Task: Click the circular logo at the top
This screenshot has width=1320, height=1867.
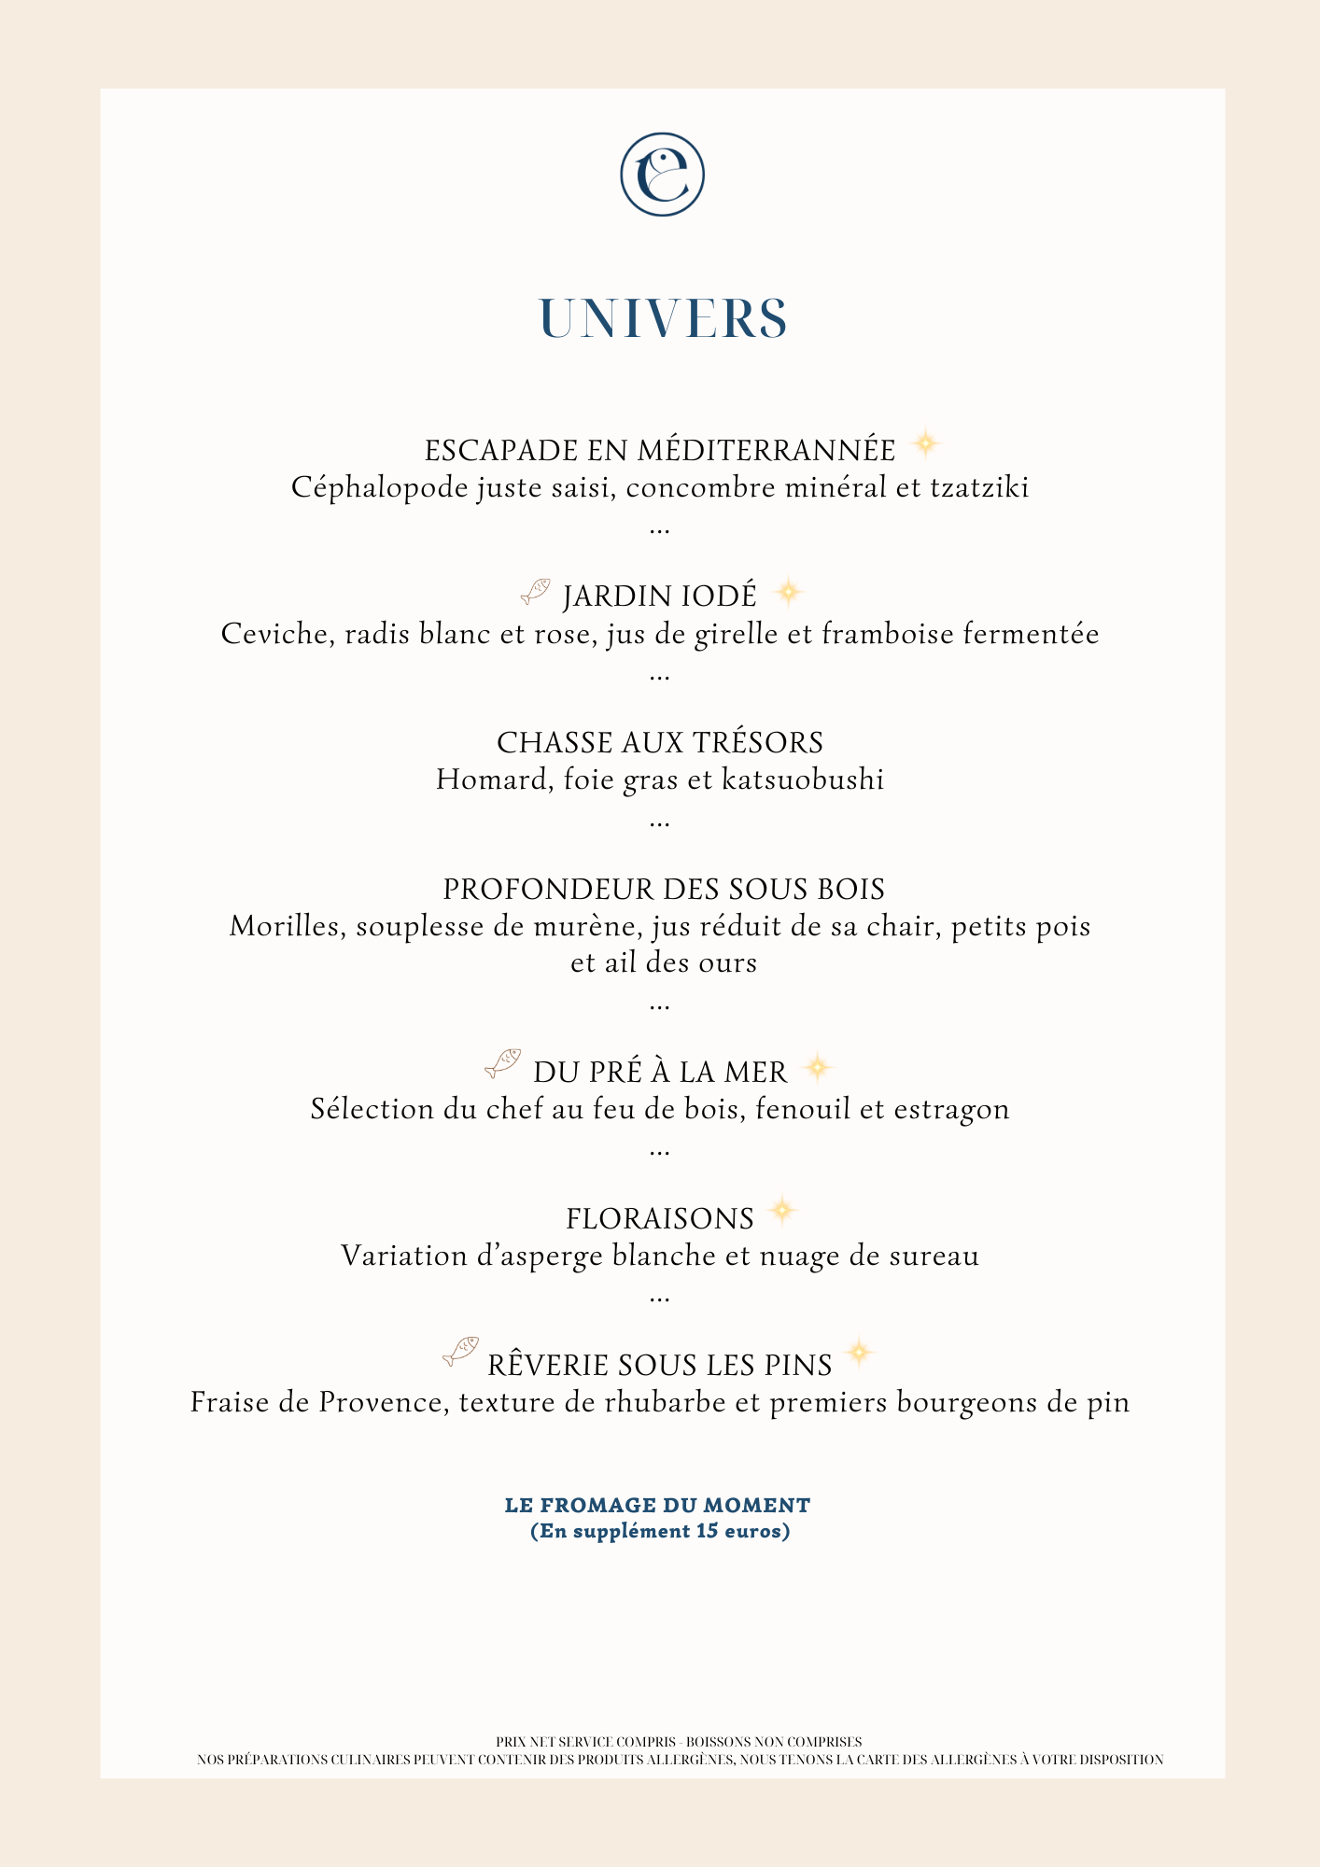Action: coord(662,175)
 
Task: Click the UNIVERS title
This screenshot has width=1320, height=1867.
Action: coord(663,319)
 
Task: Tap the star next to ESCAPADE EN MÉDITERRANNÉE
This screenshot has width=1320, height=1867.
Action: coord(925,444)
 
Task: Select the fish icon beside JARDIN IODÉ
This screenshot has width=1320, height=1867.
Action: coord(536,591)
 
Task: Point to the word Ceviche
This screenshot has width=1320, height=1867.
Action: coord(278,635)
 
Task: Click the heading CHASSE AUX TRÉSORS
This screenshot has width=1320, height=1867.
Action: coord(660,743)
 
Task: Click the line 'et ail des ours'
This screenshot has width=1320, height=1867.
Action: coord(663,962)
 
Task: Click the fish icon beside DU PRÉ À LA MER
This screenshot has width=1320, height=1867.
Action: coord(503,1062)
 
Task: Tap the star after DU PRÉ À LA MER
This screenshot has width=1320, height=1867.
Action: coord(817,1067)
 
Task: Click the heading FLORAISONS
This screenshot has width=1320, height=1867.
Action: coord(660,1219)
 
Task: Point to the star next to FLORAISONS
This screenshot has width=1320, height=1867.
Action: coord(782,1212)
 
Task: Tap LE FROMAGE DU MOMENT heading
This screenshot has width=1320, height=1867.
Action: coord(657,1506)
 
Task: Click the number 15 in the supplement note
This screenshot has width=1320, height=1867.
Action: coord(708,1531)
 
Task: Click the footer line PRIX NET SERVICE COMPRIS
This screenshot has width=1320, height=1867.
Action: coord(679,1742)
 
